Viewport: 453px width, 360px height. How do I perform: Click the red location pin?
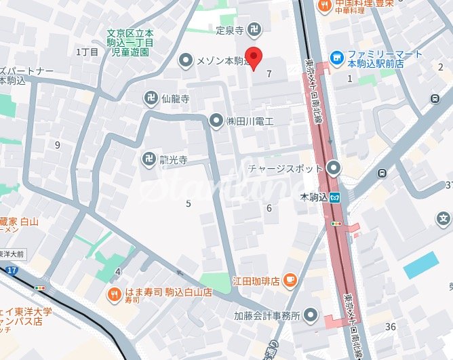point(254,58)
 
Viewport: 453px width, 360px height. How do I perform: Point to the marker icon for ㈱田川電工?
point(216,121)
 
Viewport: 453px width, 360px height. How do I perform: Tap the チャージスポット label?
point(285,167)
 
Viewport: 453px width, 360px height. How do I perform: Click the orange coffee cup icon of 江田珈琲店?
point(290,279)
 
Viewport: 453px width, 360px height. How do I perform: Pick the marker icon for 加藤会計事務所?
point(311,315)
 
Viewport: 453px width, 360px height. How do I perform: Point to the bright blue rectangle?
point(420,265)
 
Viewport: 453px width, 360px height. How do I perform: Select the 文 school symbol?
point(444,218)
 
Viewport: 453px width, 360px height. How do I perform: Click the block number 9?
point(58,144)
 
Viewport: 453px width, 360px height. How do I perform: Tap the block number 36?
point(390,327)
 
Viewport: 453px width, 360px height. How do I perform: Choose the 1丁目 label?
point(87,52)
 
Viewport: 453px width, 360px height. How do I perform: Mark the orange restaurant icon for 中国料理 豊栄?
point(325,5)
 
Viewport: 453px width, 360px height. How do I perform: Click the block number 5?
point(188,203)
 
